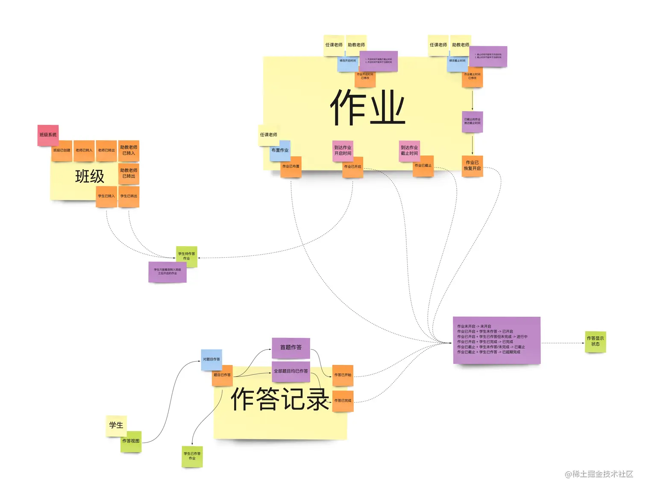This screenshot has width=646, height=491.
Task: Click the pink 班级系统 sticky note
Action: tap(48, 135)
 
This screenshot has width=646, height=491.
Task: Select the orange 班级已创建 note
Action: tap(62, 150)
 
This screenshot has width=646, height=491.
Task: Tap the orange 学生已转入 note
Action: tap(106, 197)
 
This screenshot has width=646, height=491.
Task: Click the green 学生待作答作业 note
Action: tap(187, 256)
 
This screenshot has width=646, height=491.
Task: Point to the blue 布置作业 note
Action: tap(280, 151)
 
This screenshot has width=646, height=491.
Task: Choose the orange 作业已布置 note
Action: tap(291, 167)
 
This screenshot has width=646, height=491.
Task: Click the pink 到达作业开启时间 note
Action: tap(343, 151)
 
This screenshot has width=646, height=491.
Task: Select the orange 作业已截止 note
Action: tap(423, 166)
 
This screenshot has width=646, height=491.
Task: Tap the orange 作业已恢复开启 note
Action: tap(473, 166)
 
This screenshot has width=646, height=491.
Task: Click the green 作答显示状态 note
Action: tap(595, 341)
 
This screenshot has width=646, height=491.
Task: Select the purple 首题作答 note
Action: tap(291, 348)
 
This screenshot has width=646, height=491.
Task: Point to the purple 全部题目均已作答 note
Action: tap(291, 371)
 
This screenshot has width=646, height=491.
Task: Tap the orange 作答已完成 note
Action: tap(343, 401)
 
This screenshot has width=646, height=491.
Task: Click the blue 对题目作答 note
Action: tap(211, 359)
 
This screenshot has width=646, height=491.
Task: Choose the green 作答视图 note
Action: tap(131, 441)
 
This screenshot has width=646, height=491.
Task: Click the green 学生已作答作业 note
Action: tap(192, 456)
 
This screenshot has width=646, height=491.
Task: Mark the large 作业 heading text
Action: tap(368, 108)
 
